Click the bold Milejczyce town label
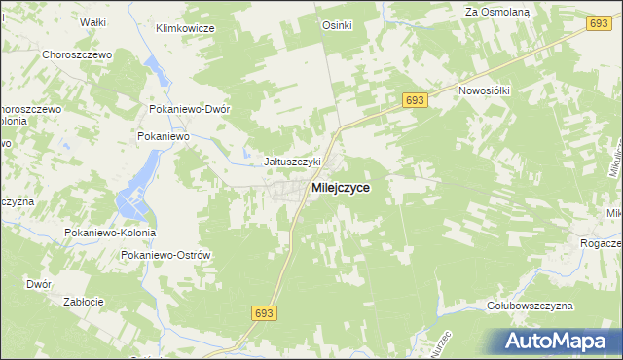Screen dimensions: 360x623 [340, 188]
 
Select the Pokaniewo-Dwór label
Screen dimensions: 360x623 [189, 110]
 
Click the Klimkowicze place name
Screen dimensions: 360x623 [185, 29]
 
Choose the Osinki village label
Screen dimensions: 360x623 [336, 25]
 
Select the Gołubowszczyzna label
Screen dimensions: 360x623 [530, 306]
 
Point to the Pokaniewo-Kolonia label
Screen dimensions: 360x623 [110, 234]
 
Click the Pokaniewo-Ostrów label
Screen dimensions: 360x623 [166, 255]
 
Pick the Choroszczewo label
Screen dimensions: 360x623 [80, 54]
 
